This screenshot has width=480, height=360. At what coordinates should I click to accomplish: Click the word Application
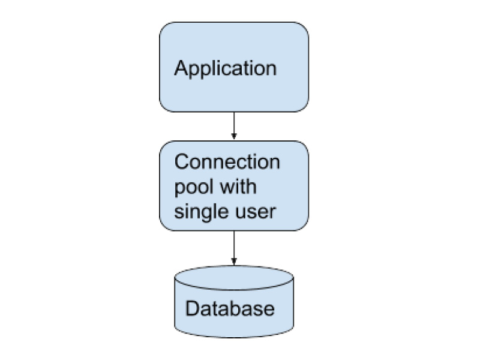[226, 68]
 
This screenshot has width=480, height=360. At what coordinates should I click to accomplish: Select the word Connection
[227, 161]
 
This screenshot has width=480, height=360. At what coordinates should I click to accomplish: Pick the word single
[202, 212]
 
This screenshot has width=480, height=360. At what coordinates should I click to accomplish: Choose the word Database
[230, 308]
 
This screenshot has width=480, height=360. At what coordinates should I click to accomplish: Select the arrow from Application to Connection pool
[234, 125]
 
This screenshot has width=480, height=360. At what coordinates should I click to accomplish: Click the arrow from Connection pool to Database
[234, 248]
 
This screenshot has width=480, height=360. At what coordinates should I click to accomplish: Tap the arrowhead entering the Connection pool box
[234, 137]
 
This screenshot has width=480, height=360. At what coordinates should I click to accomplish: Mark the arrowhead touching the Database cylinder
[234, 262]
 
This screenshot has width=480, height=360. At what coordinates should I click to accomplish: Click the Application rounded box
[234, 67]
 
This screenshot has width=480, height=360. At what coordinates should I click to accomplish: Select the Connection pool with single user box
[234, 186]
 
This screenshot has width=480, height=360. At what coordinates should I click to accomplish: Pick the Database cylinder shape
[234, 302]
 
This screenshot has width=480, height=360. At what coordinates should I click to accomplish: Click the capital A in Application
[181, 68]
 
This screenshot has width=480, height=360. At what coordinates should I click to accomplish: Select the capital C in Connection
[182, 161]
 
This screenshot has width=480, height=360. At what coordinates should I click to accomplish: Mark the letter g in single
[211, 214]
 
